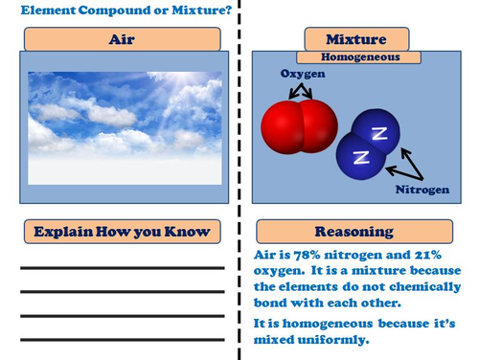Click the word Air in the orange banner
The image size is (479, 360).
point(122,39)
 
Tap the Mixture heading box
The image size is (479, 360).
point(356,39)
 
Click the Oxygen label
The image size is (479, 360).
point(303,74)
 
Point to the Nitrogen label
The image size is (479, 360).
point(422,190)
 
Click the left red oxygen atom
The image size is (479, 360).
point(281,127)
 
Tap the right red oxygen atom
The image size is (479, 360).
point(319,125)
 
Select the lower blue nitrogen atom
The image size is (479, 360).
point(360,157)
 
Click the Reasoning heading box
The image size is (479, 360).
point(354,232)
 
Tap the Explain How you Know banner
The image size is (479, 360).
point(123,232)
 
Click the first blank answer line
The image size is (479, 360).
point(123,268)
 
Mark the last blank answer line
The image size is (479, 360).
point(123,340)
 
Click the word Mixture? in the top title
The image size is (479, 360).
point(202,11)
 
